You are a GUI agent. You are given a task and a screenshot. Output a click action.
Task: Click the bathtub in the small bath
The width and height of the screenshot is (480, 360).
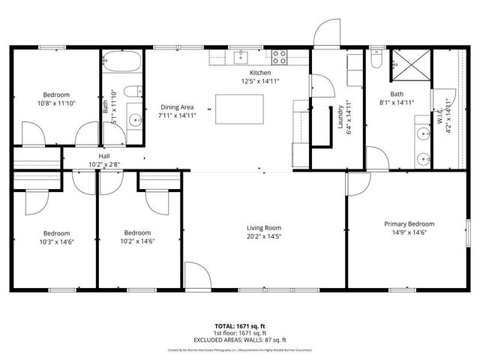[120, 61]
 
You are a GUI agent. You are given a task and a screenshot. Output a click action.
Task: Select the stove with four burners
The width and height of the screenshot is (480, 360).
[279, 55]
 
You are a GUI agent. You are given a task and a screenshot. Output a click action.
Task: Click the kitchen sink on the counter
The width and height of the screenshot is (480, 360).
[243, 56]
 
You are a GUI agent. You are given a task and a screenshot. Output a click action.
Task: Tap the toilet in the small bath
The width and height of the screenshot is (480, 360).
[132, 92]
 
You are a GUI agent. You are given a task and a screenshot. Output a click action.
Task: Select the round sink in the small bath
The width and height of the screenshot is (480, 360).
[133, 118]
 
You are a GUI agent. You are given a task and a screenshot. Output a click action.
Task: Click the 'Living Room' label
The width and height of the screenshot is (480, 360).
[263, 227]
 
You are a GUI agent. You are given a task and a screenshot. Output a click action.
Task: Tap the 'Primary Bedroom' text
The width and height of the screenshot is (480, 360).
[409, 223]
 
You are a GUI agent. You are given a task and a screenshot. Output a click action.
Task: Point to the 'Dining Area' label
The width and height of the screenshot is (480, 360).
[177, 106]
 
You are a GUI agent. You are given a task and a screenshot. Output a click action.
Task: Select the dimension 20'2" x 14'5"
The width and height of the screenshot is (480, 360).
[263, 236]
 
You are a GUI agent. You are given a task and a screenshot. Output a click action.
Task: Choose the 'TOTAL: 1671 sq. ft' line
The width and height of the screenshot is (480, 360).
[240, 326]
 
